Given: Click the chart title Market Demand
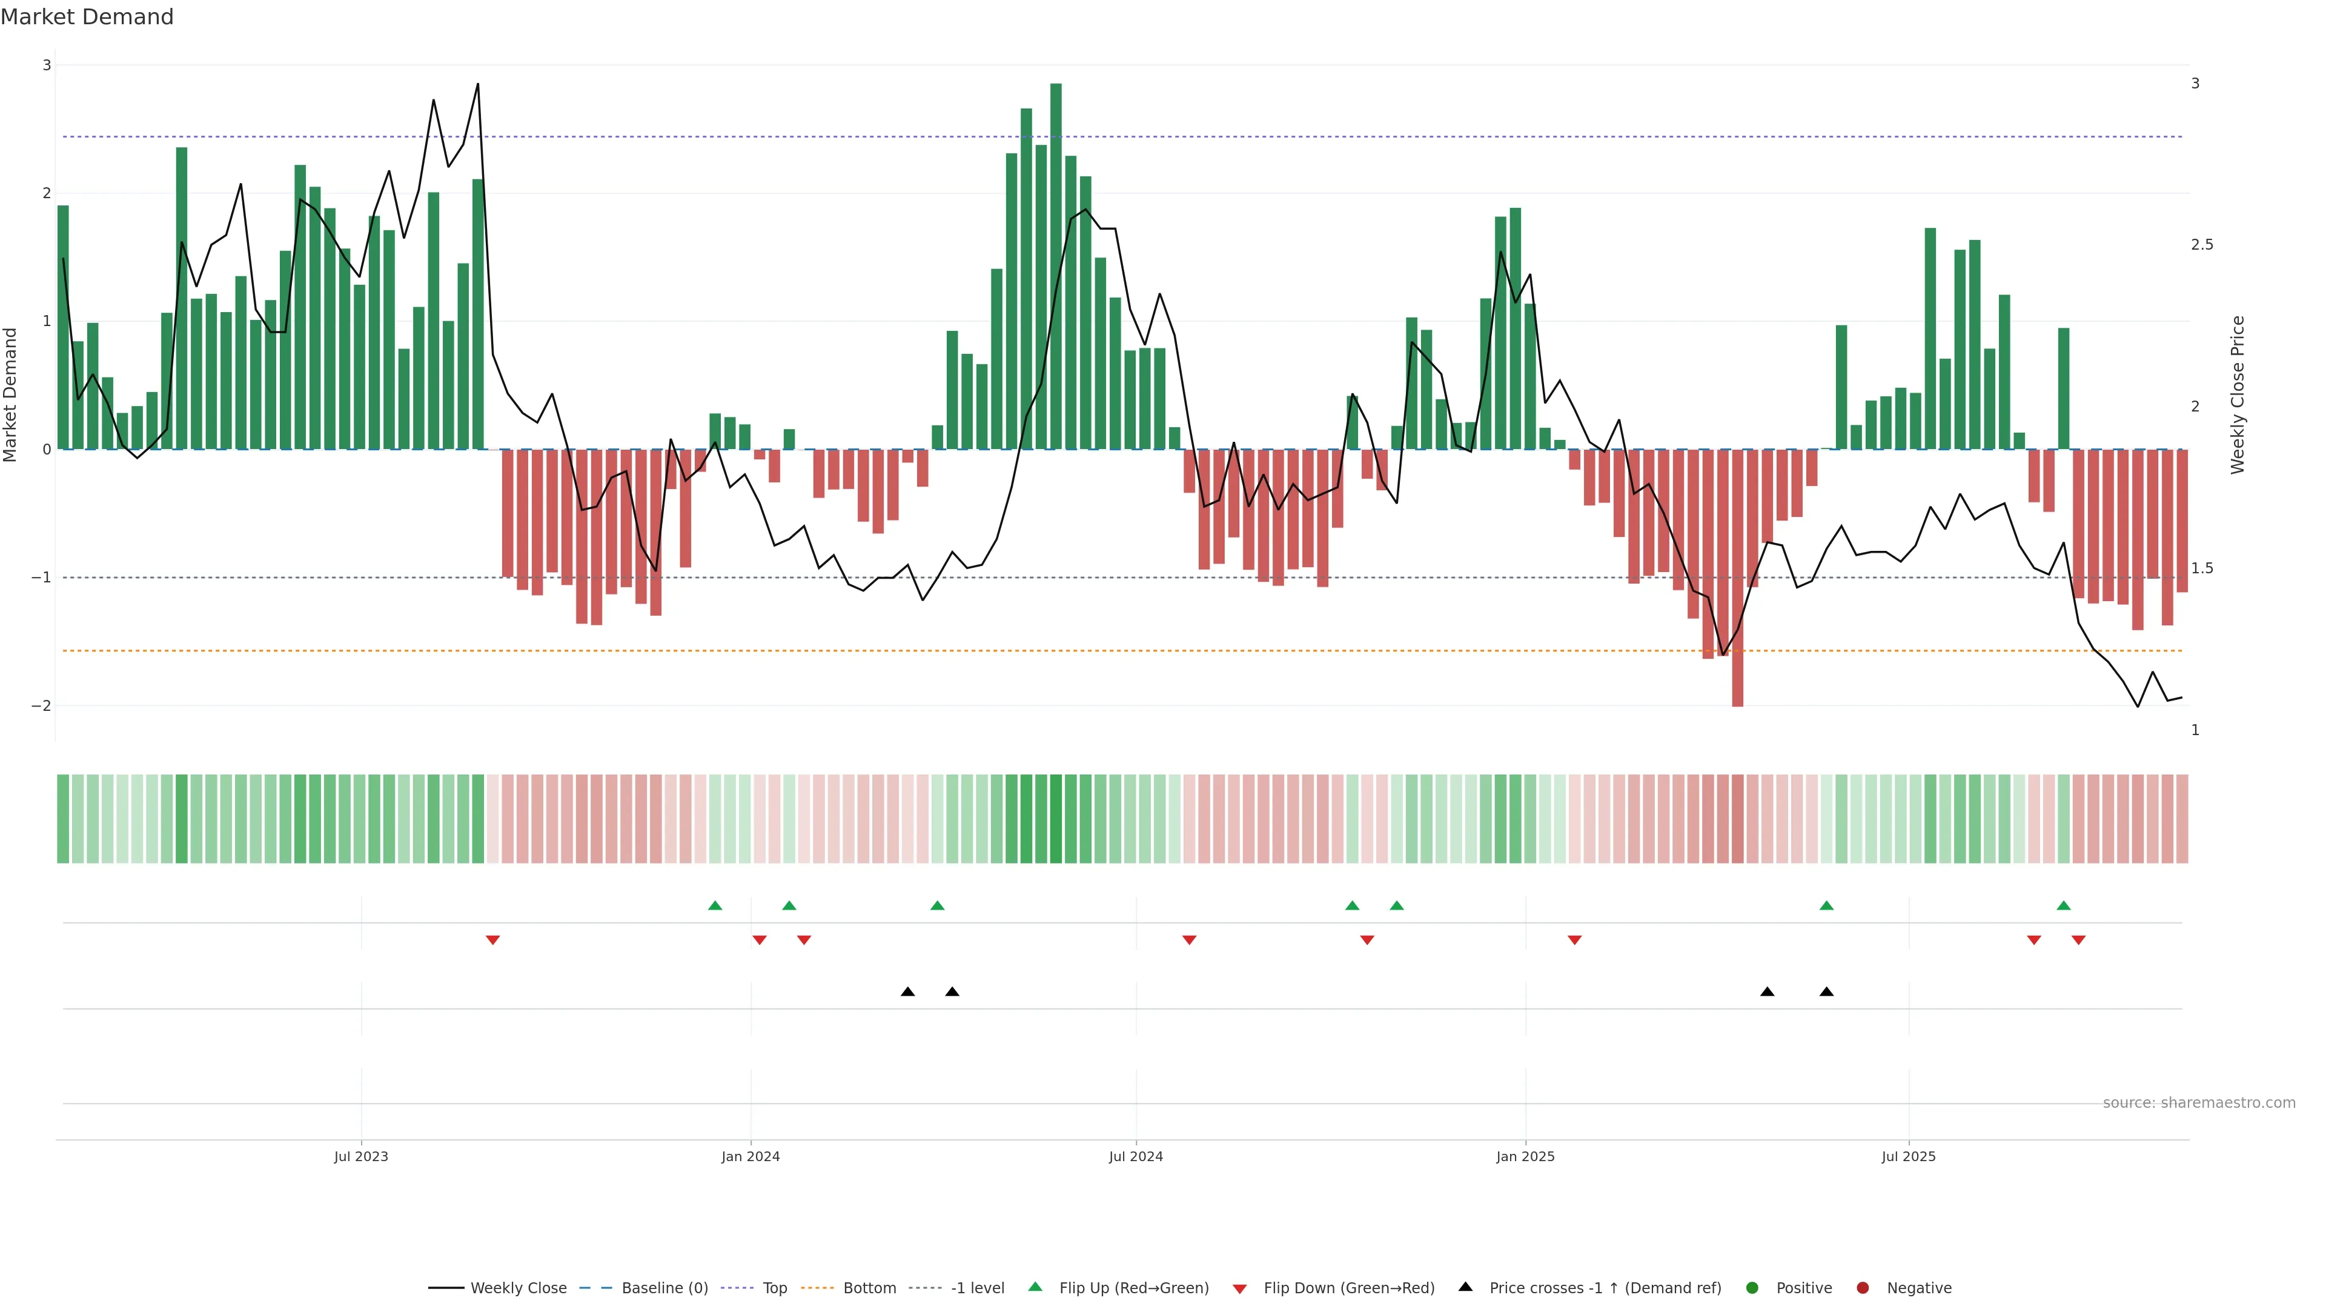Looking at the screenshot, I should pyautogui.click(x=87, y=17).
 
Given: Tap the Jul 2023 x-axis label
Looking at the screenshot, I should pyautogui.click(x=360, y=1156).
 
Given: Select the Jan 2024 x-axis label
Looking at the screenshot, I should pyautogui.click(x=750, y=1156).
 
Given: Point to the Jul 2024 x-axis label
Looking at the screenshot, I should pyautogui.click(x=1135, y=1156).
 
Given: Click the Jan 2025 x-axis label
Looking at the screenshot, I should pyautogui.click(x=1525, y=1156).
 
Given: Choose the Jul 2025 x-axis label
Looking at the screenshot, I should pyautogui.click(x=1908, y=1156).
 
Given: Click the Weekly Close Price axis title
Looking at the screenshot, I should pyautogui.click(x=2238, y=395).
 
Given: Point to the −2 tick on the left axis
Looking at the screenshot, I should pyautogui.click(x=41, y=705).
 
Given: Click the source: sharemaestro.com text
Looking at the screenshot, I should pyautogui.click(x=2199, y=1103).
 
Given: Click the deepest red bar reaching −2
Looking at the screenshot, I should pyautogui.click(x=1737, y=578).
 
